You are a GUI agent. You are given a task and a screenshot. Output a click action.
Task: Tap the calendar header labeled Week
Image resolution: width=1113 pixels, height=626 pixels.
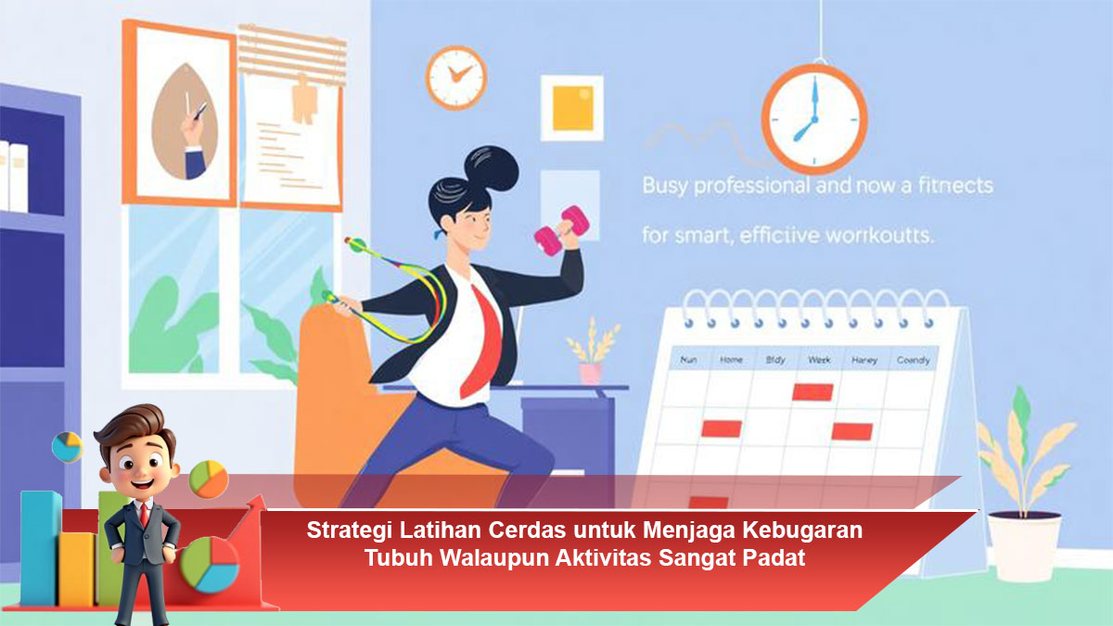818,360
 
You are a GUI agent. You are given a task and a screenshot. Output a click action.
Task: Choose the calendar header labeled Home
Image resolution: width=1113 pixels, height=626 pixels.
731,360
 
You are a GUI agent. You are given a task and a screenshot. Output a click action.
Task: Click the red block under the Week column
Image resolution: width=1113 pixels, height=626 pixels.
812,391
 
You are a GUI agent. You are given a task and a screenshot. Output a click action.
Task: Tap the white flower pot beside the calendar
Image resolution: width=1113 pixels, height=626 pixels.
1023,546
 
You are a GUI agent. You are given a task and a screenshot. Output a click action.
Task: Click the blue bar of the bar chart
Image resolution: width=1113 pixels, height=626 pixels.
40,547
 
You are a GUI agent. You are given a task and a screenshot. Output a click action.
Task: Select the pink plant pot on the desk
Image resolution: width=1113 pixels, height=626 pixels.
590,372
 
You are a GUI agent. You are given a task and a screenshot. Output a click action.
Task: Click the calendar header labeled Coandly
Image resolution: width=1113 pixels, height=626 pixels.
914,360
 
